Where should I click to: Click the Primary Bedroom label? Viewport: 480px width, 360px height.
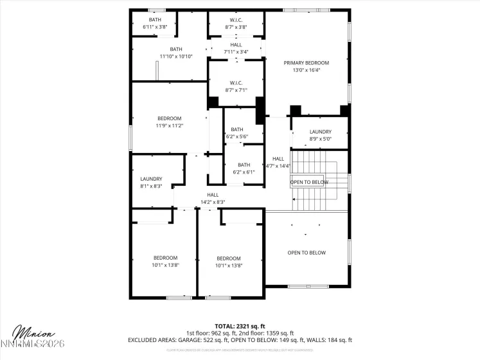(x=307, y=63)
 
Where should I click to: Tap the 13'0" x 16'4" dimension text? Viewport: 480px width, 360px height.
(x=307, y=70)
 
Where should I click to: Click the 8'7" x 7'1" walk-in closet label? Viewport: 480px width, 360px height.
(x=236, y=86)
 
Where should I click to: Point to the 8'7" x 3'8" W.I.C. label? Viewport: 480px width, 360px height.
(x=236, y=24)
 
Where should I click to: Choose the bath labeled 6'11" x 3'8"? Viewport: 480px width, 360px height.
(x=155, y=24)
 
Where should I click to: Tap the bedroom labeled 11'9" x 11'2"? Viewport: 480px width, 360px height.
(x=170, y=122)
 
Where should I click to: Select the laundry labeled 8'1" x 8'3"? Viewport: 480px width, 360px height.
(x=151, y=183)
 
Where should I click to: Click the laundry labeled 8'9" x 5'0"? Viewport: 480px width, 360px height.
(x=320, y=135)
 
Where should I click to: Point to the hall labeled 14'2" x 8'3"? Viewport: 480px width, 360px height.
(x=213, y=199)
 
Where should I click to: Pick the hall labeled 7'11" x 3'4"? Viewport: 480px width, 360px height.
(x=236, y=48)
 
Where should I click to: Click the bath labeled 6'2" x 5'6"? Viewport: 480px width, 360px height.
(x=237, y=133)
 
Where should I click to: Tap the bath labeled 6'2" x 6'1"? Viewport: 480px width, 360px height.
(x=244, y=168)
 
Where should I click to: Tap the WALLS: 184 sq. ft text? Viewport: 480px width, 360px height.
(x=330, y=340)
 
